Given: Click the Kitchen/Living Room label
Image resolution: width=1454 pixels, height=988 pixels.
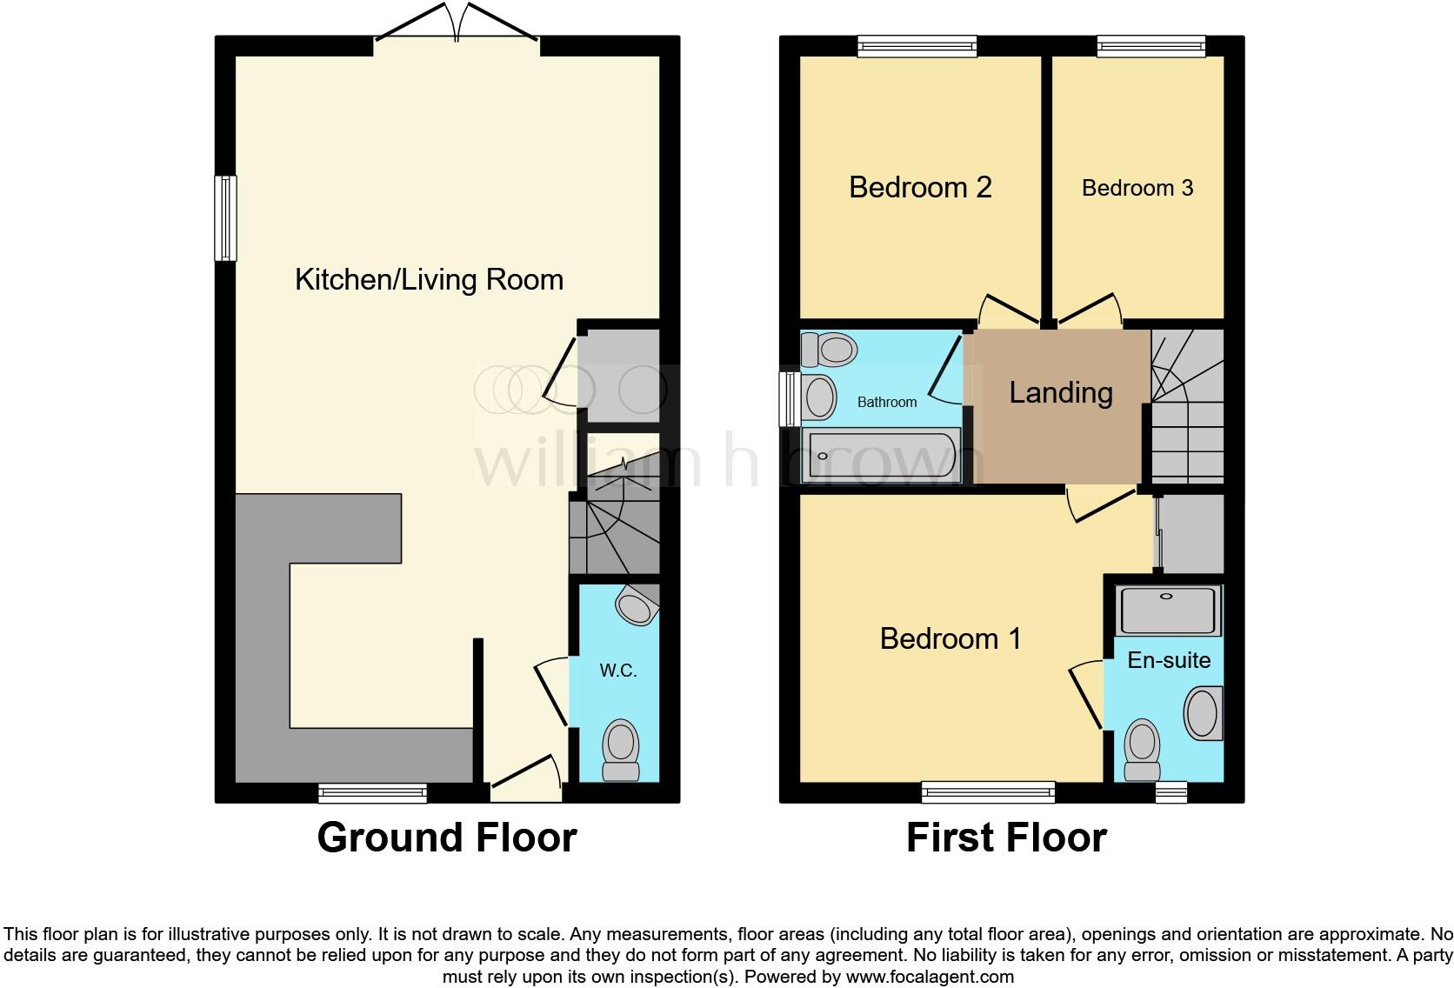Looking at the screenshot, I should [x=429, y=279].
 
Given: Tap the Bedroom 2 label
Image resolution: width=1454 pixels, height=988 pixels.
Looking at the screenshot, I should [x=920, y=187].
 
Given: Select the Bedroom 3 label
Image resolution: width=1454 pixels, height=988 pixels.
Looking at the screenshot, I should [x=1137, y=188].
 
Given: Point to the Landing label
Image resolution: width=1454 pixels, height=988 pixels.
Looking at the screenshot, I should [x=1060, y=392].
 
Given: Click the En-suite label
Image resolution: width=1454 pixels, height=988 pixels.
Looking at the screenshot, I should [x=1169, y=660].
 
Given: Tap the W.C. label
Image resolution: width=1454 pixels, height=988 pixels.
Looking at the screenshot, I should [x=618, y=671].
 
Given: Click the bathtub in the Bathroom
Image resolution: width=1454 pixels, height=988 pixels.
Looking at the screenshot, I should [x=883, y=455].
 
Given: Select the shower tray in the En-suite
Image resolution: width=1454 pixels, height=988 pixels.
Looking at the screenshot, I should [x=1170, y=610].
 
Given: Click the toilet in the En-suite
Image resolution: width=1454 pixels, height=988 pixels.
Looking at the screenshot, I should [x=1142, y=751].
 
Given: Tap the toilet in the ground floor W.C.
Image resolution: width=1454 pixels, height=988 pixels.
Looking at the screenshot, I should [x=621, y=751].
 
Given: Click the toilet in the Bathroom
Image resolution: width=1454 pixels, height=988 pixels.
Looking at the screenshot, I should [x=829, y=350].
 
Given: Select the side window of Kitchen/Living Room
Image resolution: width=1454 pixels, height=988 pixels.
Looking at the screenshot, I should [x=226, y=218].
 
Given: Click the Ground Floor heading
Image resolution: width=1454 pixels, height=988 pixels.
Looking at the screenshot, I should [x=446, y=838].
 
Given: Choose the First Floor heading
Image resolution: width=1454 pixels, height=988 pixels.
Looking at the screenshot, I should [x=1006, y=838].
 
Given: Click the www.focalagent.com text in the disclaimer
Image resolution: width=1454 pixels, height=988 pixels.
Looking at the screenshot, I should [x=929, y=977].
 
